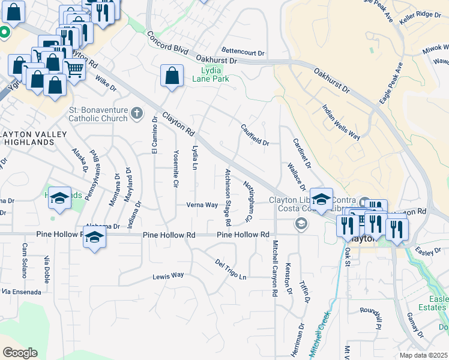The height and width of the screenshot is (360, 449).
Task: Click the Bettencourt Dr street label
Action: point(243,53)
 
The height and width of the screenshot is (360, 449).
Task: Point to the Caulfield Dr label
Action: point(255,134)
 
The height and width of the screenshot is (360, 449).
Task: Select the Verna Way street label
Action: point(202,205)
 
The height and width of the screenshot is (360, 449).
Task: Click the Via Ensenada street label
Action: point(22,292)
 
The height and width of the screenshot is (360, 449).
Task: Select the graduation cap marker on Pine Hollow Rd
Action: point(94,239)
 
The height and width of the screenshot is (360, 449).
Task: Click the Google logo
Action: point(20,353)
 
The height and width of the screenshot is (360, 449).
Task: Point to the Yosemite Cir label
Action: point(176,168)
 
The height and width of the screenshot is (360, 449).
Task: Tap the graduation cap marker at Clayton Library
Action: point(322,200)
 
